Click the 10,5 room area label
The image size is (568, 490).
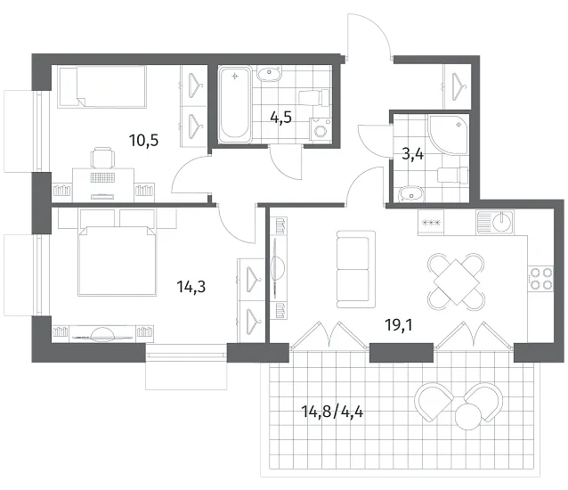coord(144,140)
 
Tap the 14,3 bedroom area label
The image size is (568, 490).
coord(191,287)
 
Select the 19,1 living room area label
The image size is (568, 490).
coord(399,325)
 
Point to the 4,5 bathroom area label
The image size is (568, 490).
coord(281,118)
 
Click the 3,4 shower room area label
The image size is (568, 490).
coord(413,154)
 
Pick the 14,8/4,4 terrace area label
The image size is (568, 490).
coord(332,412)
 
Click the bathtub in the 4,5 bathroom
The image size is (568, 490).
coord(235,104)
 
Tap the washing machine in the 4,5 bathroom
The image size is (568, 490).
coord(320,129)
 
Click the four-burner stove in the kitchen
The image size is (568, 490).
coord(540,278)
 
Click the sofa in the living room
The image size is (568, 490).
coord(356,269)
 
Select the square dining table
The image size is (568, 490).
coord(456,282)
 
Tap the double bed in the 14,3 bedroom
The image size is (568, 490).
coord(118,261)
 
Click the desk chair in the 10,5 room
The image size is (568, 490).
coord(102,158)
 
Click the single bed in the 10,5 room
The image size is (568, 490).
coord(102,87)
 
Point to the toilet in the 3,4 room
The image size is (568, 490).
coord(453,175)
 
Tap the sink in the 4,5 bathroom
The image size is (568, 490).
coord(269,74)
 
